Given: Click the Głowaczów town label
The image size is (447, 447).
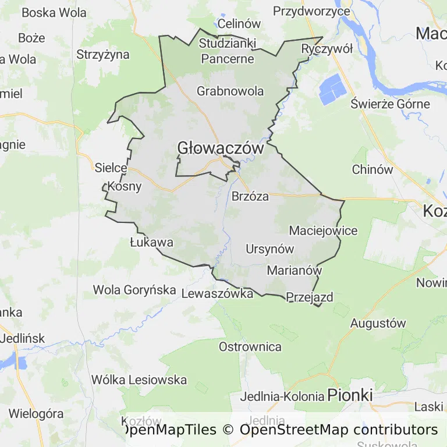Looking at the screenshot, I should coord(221,148).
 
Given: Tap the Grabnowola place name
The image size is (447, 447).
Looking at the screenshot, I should coord(230,91).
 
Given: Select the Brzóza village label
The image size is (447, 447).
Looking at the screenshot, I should coord(250,196).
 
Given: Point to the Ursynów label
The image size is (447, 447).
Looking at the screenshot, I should coord(270,249).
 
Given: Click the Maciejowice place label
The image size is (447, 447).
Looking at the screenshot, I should coord(323,230).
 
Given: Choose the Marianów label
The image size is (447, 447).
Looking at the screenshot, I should coord(294,271).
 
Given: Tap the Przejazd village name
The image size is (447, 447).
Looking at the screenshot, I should coord(310,297).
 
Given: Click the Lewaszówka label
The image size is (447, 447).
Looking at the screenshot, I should coord(218,293).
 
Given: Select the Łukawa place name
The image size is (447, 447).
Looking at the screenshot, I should coord(151,242).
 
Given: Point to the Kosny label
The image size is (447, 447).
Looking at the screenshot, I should coord(124,187).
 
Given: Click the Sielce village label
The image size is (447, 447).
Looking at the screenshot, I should coord(111,168).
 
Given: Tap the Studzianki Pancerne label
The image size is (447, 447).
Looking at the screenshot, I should coord(226,51).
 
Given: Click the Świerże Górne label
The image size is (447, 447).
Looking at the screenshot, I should coord(391,104).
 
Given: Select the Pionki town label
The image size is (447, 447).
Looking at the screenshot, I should coord(350,395).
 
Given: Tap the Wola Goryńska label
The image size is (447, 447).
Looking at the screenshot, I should coord(134,289).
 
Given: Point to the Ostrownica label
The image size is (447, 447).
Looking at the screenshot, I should coord(250,347).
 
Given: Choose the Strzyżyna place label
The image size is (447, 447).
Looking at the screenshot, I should coord(103,55).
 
